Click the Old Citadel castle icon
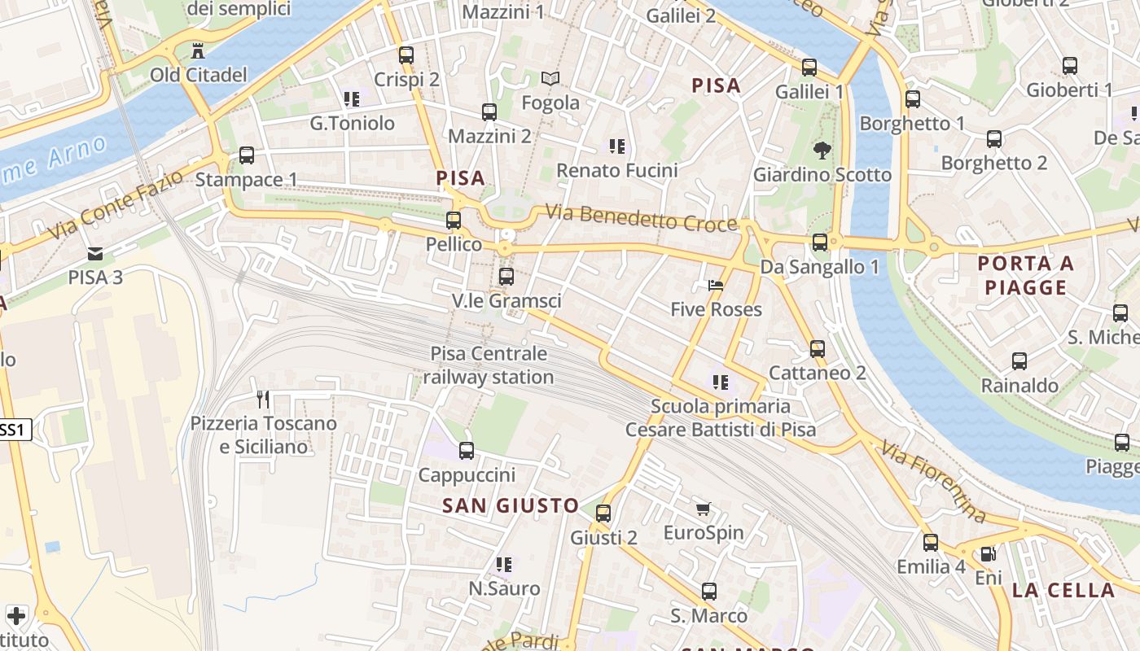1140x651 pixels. pos(198,51)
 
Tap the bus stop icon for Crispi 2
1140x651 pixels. pos(406,55)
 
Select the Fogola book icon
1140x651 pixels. pos(550,79)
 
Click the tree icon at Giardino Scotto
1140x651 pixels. pos(822,150)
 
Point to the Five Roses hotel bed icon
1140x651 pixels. pos(716,286)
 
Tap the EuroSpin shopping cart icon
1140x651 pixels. pos(704,509)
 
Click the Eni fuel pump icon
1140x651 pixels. pos(988,554)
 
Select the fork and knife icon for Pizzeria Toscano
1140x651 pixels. pos(263,400)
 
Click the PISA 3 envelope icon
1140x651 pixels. pos(95,253)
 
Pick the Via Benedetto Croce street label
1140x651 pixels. pos(641,218)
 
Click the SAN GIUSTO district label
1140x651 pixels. pos(511,505)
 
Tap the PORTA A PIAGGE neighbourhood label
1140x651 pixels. pos(1025,275)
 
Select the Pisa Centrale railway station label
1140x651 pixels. pos(489,365)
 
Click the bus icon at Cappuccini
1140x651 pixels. pos(467,450)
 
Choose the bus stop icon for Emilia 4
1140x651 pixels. pos(931,542)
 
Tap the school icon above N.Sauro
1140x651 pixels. pos(504,564)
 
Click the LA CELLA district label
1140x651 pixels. pos(1063,591)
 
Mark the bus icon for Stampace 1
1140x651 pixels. pos(246,155)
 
